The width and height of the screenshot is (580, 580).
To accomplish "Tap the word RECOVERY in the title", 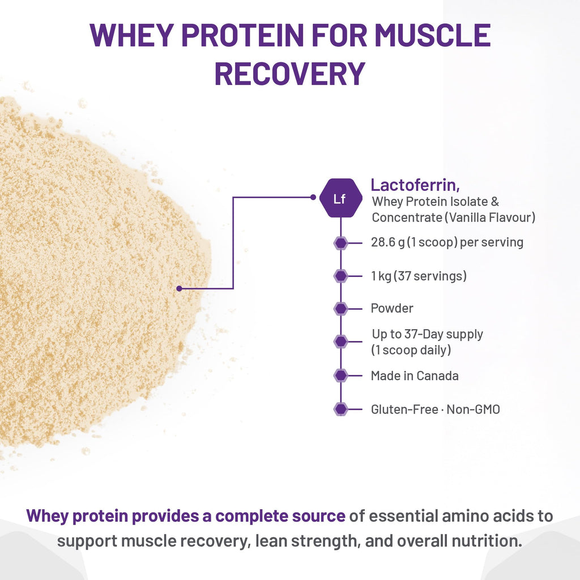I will coord(289,73).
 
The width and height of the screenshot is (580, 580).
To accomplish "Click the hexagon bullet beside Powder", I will coord(340,309).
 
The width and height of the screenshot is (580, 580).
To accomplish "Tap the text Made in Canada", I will coord(415,376).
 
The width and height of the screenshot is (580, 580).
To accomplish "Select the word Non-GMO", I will coord(474,409).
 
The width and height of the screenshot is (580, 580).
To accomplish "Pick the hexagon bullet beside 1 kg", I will coord(340,276).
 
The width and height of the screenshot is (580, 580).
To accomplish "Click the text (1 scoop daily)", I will coord(411,350).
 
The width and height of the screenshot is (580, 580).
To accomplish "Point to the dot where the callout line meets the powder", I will coord(179,288).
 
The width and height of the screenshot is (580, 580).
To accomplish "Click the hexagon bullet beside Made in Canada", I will coord(340,376).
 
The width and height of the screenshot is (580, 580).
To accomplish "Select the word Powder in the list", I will coord(392,309).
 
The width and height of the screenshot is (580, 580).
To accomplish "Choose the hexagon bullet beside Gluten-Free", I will coord(340,409).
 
